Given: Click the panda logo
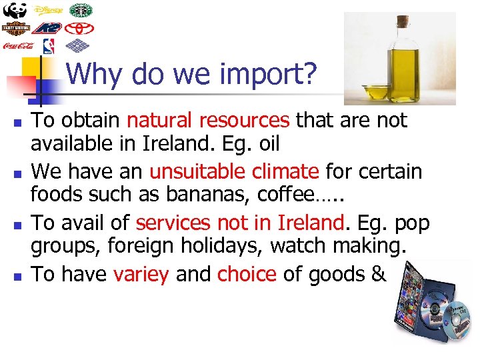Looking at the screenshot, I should pyautogui.click(x=15, y=11).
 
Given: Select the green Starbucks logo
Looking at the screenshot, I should pyautogui.click(x=81, y=11).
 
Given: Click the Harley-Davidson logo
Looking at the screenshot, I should pyautogui.click(x=15, y=28).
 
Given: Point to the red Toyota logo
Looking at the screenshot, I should pyautogui.click(x=81, y=28).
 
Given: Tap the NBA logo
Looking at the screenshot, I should pyautogui.click(x=48, y=45).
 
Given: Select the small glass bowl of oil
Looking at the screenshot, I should pyautogui.click(x=375, y=93).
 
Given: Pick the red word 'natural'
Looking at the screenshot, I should pyautogui.click(x=159, y=120).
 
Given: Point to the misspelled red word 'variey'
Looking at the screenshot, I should pyautogui.click(x=141, y=274).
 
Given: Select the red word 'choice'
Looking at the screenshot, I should pyautogui.click(x=247, y=274).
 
